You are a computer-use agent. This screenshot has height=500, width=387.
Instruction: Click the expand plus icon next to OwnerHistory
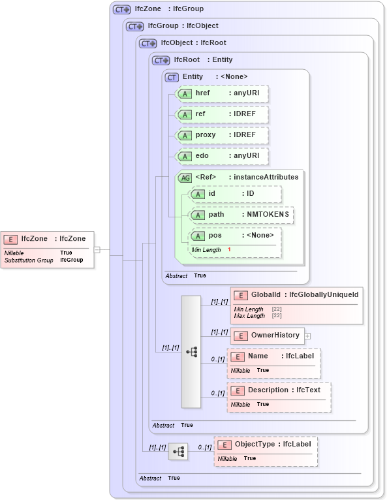click(307, 336)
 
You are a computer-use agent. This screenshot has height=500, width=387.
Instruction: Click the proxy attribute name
click(206, 134)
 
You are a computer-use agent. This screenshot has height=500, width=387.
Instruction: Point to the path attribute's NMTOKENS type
click(268, 214)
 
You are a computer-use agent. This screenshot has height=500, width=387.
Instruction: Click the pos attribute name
click(215, 235)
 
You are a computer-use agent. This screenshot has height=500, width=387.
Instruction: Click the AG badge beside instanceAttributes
click(185, 177)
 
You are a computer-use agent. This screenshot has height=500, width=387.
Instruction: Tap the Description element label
click(268, 390)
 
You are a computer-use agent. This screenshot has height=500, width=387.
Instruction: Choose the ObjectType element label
click(256, 444)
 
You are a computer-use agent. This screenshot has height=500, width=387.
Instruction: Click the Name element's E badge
click(238, 356)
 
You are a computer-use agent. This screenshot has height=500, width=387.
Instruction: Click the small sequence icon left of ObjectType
click(178, 451)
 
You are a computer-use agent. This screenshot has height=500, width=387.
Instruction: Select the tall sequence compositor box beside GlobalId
click(191, 351)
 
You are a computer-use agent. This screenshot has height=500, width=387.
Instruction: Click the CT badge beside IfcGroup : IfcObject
click(134, 26)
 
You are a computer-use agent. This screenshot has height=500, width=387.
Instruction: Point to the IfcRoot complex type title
click(187, 59)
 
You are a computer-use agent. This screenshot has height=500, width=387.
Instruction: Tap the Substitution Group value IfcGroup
click(72, 260)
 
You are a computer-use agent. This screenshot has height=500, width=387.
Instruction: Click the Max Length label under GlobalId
click(249, 316)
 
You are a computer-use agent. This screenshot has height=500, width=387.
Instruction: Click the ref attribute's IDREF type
click(245, 114)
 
